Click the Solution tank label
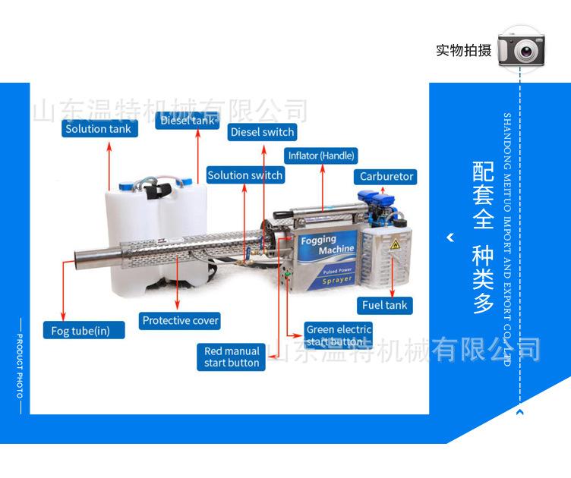[98, 129]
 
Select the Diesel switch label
[262, 132]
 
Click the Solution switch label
[244, 175]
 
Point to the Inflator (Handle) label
[321, 156]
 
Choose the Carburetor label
[386, 176]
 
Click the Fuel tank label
[384, 305]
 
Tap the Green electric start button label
[338, 335]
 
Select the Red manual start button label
[232, 357]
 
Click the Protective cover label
[181, 320]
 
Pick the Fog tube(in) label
[80, 330]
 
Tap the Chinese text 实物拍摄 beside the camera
[463, 51]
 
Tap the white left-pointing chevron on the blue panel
[450, 237]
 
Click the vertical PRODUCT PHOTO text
[20, 366]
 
